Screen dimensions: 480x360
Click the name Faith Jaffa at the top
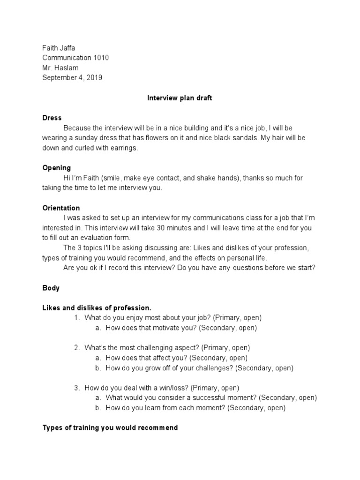59,48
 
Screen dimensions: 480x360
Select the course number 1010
101,58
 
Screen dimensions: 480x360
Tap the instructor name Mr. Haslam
60,68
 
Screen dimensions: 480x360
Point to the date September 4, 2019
72,78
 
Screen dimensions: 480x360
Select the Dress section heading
52,118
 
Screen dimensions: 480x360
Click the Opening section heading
57,168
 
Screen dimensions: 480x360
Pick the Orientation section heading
61,208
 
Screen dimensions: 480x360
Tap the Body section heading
51,288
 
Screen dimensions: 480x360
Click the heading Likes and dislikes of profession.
97,308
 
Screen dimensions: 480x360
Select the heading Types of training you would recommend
110,427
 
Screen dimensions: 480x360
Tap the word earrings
122,148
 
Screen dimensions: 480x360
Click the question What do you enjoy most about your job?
150,318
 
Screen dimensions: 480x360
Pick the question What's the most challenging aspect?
143,348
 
